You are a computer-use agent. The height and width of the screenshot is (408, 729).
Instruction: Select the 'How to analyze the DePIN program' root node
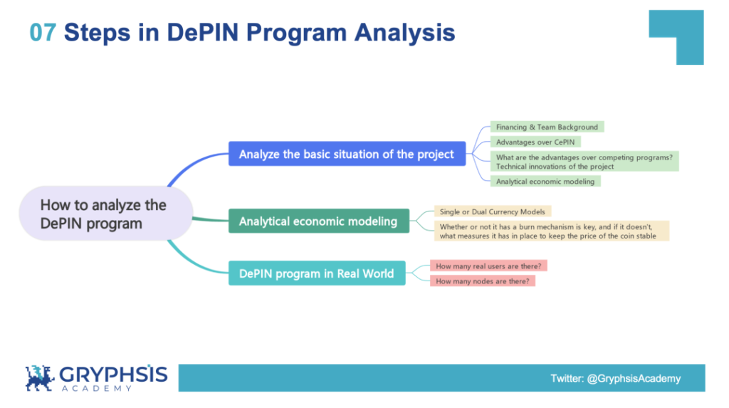point(104,214)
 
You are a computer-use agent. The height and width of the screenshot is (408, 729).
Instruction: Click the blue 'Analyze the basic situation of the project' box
point(347,154)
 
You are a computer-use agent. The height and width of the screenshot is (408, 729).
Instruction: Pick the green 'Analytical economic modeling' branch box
point(318,221)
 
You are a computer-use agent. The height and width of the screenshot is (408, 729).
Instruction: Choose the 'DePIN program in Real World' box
point(316,273)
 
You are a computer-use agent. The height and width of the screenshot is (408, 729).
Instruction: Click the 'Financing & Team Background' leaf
point(547,127)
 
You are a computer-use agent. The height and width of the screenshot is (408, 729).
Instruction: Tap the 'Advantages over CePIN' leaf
point(535,142)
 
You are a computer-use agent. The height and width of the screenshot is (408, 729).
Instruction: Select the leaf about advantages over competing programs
point(584,161)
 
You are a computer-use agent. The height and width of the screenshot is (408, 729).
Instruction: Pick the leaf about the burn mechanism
point(552,231)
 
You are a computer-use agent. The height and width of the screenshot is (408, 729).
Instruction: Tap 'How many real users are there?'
point(488,266)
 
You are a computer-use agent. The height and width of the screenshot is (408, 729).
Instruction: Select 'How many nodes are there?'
point(482,281)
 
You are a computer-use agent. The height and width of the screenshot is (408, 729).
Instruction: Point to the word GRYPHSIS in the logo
point(113,375)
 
